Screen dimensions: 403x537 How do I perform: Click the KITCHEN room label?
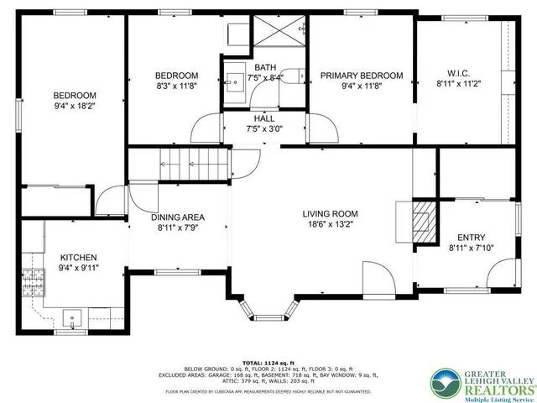click(79, 257)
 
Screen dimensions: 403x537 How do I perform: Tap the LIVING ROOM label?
click(330, 213)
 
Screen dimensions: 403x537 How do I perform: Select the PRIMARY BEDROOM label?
click(362, 76)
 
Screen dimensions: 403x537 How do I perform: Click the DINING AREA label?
click(177, 217)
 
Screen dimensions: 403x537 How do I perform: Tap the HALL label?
click(264, 118)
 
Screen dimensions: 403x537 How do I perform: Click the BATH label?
click(265, 67)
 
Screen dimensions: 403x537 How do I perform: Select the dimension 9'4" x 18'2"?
click(74, 107)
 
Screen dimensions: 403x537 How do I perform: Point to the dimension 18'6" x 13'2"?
click(330, 224)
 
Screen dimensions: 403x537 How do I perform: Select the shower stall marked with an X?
click(279, 35)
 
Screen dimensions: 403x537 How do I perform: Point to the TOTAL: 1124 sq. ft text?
click(263, 361)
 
